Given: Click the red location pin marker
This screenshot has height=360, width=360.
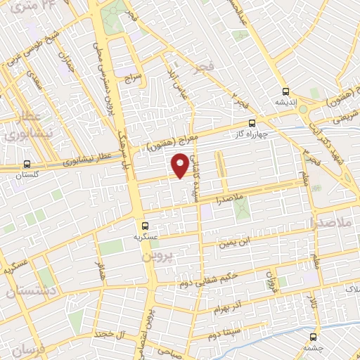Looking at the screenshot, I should tap(180, 165).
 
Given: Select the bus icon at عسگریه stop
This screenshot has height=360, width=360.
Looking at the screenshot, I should tap(145, 226).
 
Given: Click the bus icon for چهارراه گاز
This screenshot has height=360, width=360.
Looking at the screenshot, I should tap(252, 124).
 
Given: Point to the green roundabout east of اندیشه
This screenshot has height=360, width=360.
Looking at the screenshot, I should tap(304, 109).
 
